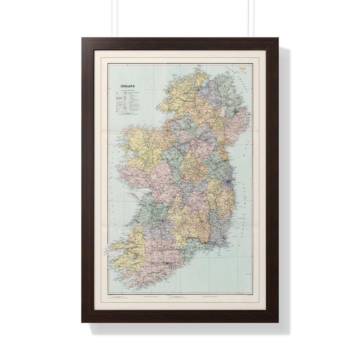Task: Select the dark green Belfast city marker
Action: coord(236,110)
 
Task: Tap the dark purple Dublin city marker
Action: coord(228,182)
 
